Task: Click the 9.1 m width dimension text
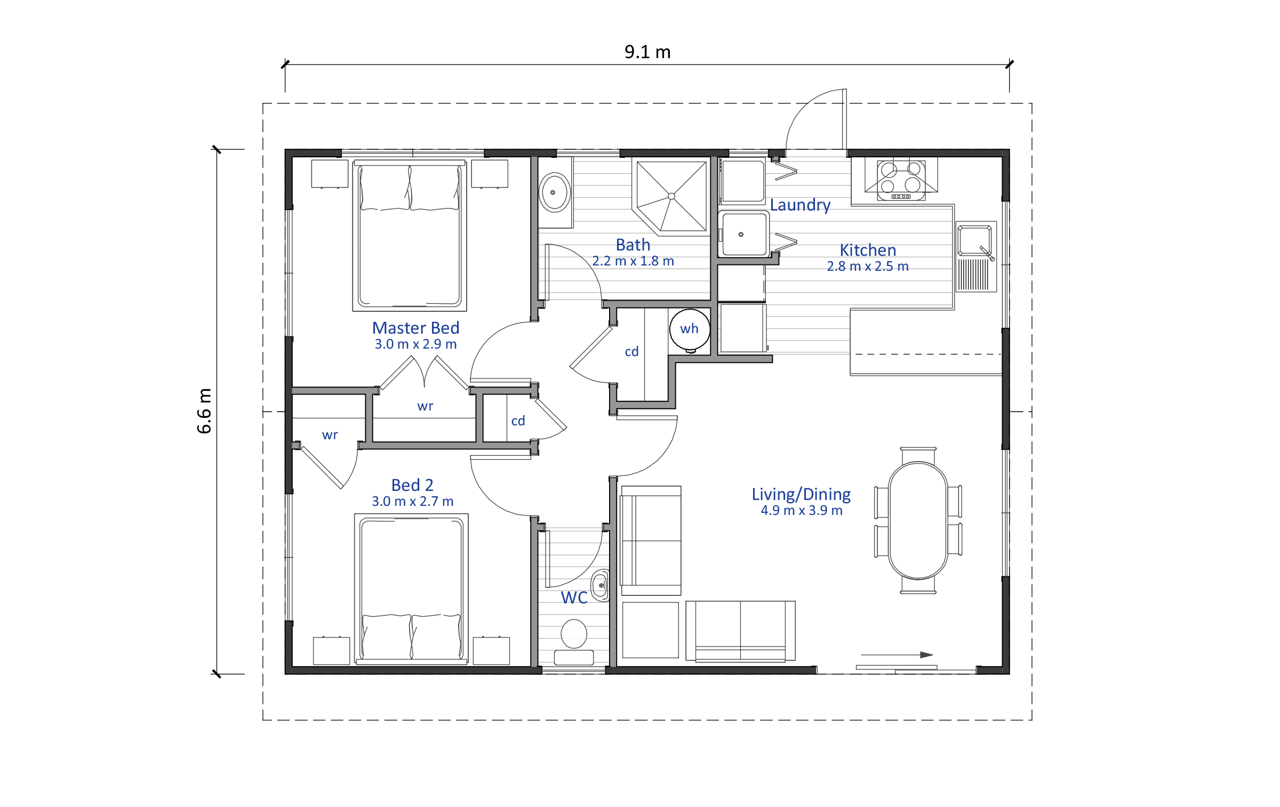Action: (x=647, y=52)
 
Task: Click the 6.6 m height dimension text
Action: (x=204, y=410)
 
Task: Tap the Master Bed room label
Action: (x=415, y=328)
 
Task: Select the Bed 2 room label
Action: (x=412, y=485)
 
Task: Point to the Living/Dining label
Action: (x=801, y=494)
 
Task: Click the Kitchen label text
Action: (x=868, y=250)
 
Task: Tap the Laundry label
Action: (x=800, y=205)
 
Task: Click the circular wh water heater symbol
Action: (x=690, y=329)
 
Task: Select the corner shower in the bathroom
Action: (x=671, y=196)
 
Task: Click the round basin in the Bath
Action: (x=555, y=192)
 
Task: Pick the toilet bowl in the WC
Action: (x=574, y=634)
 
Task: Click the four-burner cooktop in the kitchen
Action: (x=901, y=180)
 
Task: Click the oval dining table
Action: (x=918, y=520)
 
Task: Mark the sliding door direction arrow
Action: (x=897, y=655)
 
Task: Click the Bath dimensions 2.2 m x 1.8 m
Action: (x=633, y=261)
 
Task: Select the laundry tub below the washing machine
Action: (x=743, y=235)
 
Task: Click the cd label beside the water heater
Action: (x=631, y=352)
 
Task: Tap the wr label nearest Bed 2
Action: (x=330, y=435)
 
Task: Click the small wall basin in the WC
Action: (x=600, y=585)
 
